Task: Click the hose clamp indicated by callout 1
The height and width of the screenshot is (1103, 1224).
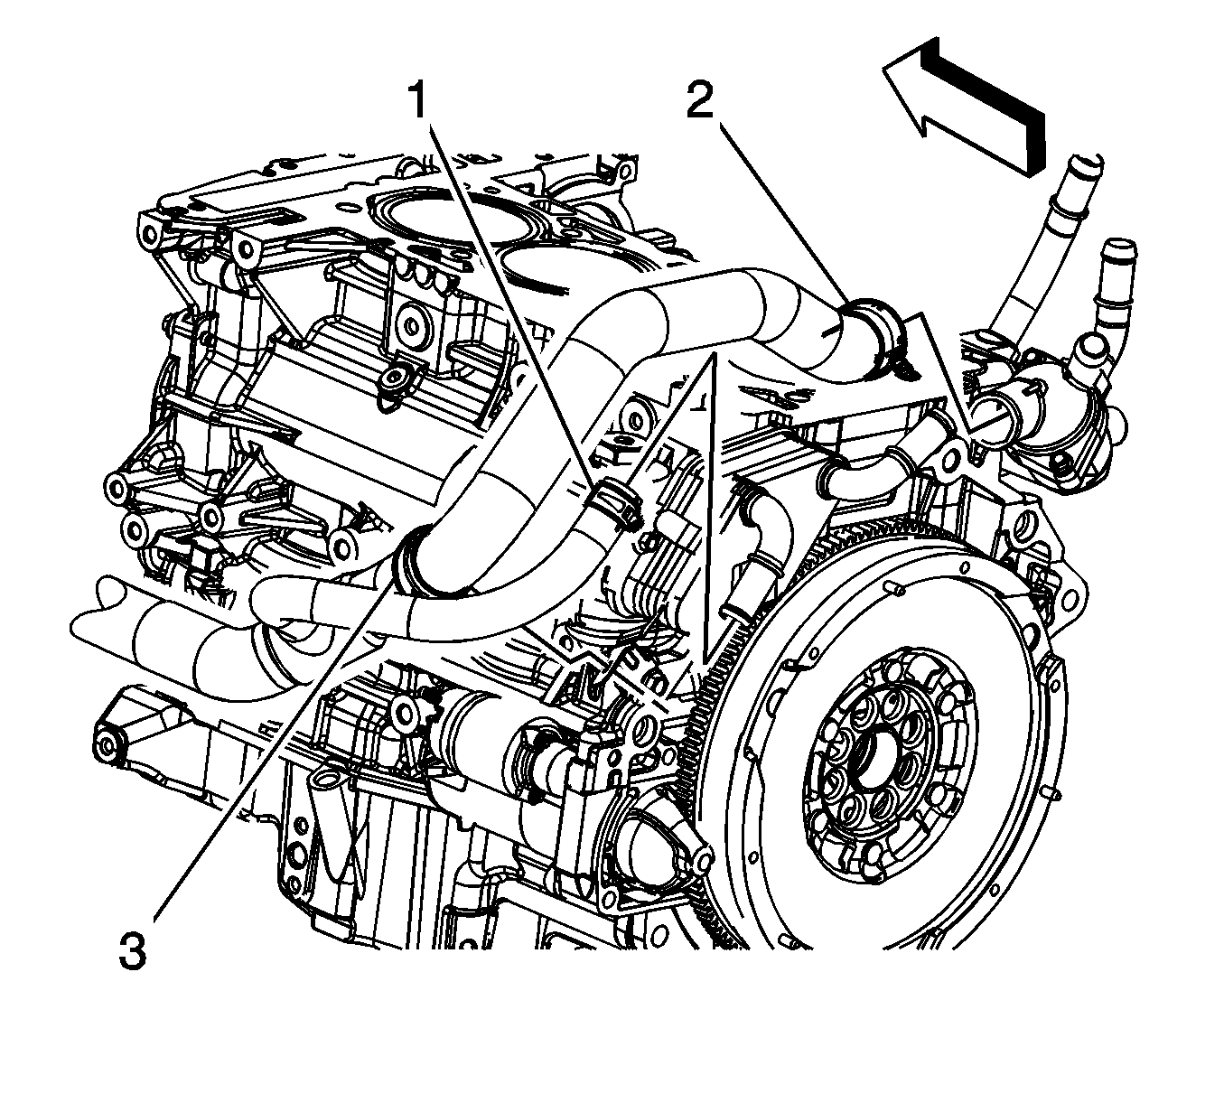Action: click(614, 502)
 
